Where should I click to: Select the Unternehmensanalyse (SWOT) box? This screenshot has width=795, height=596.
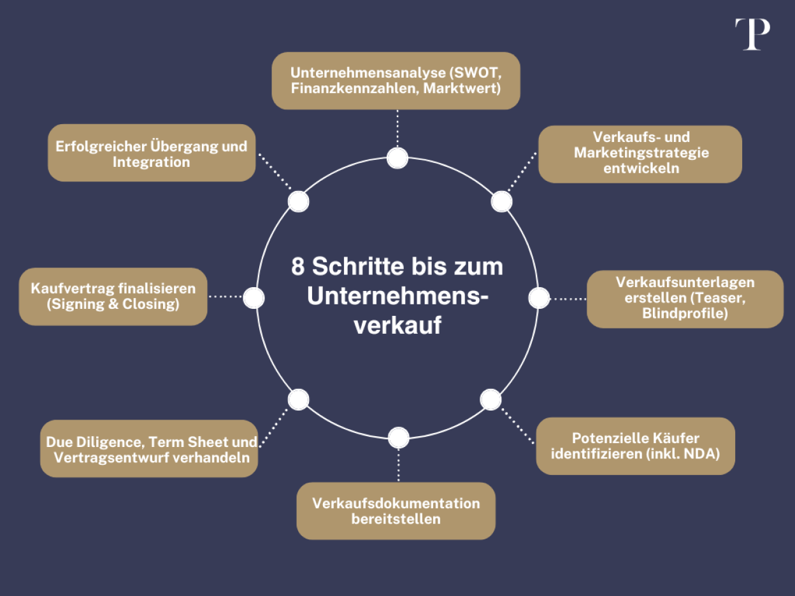pyautogui.click(x=396, y=81)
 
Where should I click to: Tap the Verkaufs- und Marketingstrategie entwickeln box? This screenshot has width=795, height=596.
pyautogui.click(x=640, y=153)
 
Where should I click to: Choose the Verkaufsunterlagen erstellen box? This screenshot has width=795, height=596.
pyautogui.click(x=684, y=299)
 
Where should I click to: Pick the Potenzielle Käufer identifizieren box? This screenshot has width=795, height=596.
pyautogui.click(x=635, y=446)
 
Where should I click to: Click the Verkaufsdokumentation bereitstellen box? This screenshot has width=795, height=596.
pyautogui.click(x=396, y=511)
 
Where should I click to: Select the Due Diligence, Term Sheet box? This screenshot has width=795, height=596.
pyautogui.click(x=149, y=449)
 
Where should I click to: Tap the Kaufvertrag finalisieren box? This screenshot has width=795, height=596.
pyautogui.click(x=113, y=296)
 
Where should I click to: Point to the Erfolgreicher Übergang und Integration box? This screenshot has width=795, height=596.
pyautogui.click(x=152, y=153)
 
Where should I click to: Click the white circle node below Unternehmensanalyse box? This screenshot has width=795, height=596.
pyautogui.click(x=397, y=158)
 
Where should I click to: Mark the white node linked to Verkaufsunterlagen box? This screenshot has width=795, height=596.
pyautogui.click(x=539, y=297)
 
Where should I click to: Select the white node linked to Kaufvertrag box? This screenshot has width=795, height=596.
pyautogui.click(x=254, y=297)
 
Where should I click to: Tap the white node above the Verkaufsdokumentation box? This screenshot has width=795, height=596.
pyautogui.click(x=398, y=437)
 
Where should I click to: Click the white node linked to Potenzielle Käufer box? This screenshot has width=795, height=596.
pyautogui.click(x=491, y=399)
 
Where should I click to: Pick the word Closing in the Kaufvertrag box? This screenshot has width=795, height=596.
pyautogui.click(x=150, y=304)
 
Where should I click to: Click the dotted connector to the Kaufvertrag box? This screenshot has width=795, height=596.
pyautogui.click(x=226, y=297)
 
